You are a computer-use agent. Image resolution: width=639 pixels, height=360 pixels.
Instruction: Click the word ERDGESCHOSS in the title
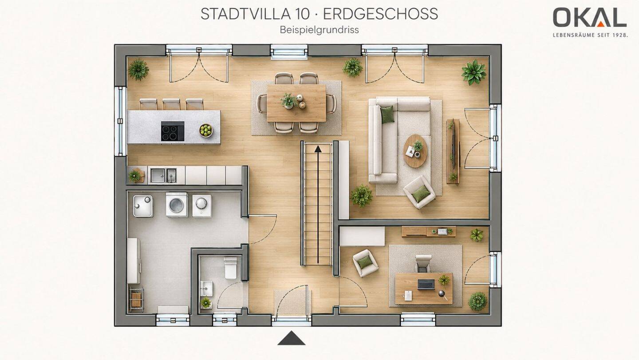click(x=381, y=14)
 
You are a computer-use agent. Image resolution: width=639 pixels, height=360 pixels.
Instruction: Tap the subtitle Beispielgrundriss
click(x=319, y=30)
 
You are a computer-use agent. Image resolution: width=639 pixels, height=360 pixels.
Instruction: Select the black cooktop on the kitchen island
click(x=173, y=131)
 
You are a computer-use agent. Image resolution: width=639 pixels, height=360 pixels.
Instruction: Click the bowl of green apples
click(x=206, y=131)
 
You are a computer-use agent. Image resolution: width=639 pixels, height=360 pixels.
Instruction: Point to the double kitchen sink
click(x=163, y=175)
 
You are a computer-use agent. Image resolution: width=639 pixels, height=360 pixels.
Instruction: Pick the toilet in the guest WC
click(x=230, y=268)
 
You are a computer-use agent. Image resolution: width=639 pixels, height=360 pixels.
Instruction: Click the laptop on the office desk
click(x=426, y=285)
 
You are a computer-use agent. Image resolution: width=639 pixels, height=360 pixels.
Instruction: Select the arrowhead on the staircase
click(x=318, y=149)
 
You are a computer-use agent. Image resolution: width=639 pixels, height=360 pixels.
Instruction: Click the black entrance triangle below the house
click(x=291, y=338)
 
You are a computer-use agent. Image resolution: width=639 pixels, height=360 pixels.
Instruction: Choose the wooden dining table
click(x=296, y=103)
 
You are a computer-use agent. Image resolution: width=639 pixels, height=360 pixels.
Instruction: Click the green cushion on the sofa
click(x=387, y=115)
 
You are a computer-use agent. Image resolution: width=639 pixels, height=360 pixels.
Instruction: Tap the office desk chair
click(x=423, y=264)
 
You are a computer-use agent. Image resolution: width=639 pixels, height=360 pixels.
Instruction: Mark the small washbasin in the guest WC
click(x=206, y=289)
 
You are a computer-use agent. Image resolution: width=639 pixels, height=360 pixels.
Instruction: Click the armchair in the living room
click(x=419, y=192)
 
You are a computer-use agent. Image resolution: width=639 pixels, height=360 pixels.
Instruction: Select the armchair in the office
click(x=365, y=263)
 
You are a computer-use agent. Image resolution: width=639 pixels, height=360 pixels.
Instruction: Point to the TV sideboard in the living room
click(x=453, y=151)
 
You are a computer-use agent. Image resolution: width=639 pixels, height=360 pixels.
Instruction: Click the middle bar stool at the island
click(x=171, y=104)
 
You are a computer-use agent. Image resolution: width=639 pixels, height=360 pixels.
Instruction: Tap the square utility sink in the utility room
click(x=143, y=206)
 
